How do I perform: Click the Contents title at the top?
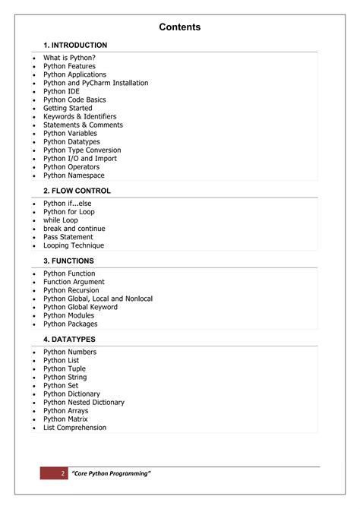coord(180,27)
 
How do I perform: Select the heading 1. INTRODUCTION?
coord(75,46)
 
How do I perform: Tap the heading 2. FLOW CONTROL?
coord(77,191)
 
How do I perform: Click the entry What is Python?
coord(69,58)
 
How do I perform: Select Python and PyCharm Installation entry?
coord(96,83)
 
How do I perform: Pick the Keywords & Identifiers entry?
coord(80,116)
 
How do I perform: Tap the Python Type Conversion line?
coord(82,150)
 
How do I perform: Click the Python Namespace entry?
coord(74,175)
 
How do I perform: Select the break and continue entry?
coord(74,229)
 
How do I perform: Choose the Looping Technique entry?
coord(74,245)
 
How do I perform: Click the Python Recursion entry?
coord(71,290)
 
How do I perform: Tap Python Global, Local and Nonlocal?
coord(98,299)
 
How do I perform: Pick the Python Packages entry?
coord(71,324)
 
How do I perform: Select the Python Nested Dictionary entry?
coord(84,403)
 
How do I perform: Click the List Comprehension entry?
coord(75,428)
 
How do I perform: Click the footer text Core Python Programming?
coord(111,473)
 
